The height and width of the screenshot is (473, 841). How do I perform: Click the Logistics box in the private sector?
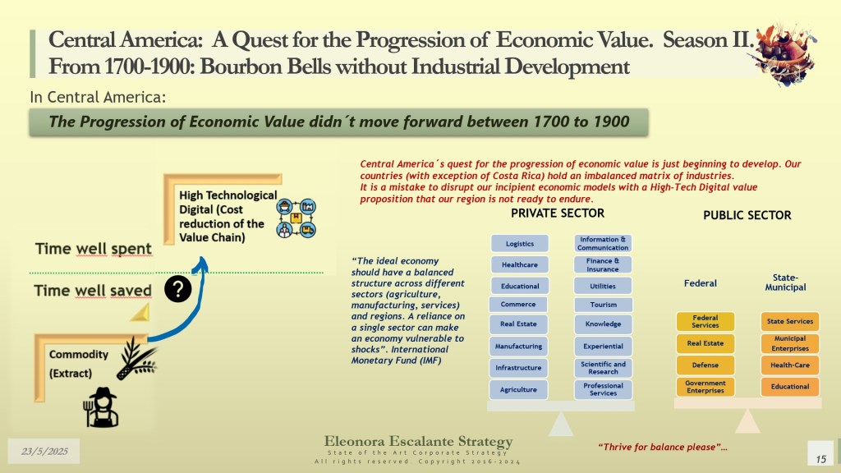point(520,243)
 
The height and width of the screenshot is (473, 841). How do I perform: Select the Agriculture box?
point(518,389)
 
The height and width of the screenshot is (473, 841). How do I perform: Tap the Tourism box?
point(604,305)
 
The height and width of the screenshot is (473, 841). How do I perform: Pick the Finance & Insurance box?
point(603,265)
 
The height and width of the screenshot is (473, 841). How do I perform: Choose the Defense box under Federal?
point(705,365)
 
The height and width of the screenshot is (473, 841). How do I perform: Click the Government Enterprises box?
point(705,387)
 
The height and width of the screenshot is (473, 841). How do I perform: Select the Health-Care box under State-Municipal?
point(790,365)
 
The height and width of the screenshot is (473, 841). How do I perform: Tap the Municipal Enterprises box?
point(790,343)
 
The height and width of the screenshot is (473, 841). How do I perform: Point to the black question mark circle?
point(178,289)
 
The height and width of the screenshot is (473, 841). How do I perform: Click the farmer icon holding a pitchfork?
point(101,407)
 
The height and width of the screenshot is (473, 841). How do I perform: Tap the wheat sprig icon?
point(136,359)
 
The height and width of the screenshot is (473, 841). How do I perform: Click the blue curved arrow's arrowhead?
point(202,263)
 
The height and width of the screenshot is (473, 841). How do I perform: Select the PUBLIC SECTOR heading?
point(747,215)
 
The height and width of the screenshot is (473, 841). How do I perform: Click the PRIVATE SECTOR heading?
point(558,213)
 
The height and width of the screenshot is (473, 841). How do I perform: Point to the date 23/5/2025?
point(44,451)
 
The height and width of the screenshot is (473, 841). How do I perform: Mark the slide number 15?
point(820,459)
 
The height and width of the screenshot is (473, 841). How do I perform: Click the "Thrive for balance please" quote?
point(663,447)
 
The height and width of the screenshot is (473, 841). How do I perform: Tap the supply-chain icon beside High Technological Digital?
point(296,218)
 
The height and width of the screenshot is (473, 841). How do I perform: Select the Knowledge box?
point(604,324)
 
